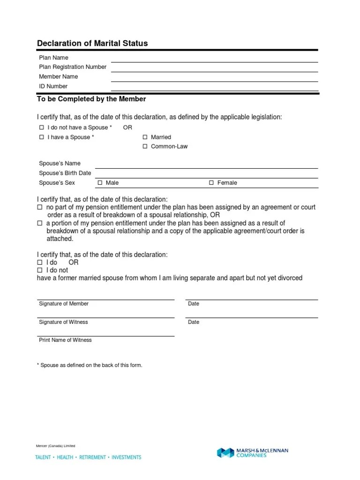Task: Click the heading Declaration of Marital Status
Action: (x=92, y=43)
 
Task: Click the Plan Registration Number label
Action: (x=73, y=67)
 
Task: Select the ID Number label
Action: (x=53, y=86)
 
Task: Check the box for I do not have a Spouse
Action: (x=41, y=127)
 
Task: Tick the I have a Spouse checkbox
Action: (x=41, y=137)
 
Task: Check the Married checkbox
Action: (x=145, y=137)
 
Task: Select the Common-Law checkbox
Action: (x=145, y=146)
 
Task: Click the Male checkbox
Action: (x=99, y=183)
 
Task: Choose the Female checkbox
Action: (x=211, y=183)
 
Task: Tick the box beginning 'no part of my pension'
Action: (x=40, y=207)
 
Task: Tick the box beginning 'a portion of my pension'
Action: (x=40, y=223)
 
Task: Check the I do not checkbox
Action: (x=40, y=270)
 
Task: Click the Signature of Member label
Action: (x=64, y=304)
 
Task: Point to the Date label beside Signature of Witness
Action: (x=194, y=322)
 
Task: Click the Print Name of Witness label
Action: (x=65, y=340)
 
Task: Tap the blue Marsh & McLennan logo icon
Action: (x=225, y=453)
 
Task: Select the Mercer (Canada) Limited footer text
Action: (x=55, y=446)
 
